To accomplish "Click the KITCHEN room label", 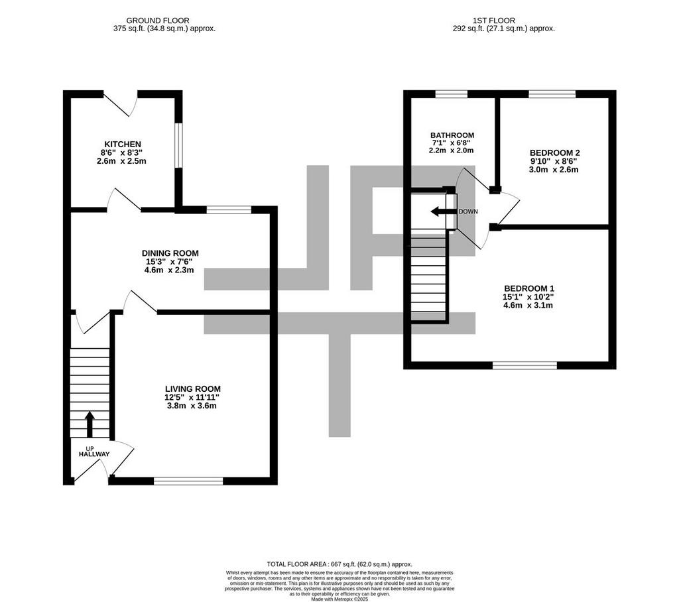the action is tap(123, 145).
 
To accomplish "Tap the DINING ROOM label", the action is tap(170, 253).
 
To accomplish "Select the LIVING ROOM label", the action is tap(193, 389).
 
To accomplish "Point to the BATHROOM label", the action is tap(452, 135).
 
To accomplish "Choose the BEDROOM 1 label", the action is tap(529, 288).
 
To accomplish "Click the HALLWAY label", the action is tap(94, 454).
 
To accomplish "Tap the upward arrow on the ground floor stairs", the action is tap(90, 424).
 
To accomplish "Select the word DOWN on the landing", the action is tap(468, 211).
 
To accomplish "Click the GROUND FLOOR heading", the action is tap(158, 21).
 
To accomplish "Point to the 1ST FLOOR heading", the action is tap(494, 21).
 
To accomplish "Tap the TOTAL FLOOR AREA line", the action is tap(339, 564).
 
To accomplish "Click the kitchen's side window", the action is tap(178, 145).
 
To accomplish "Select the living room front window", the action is tap(188, 481).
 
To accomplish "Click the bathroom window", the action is tap(452, 94).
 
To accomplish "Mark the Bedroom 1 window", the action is tap(525, 365).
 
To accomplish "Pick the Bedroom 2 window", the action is tap(552, 94).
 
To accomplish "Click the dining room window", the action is tap(229, 210).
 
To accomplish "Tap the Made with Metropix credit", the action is tap(339, 600).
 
